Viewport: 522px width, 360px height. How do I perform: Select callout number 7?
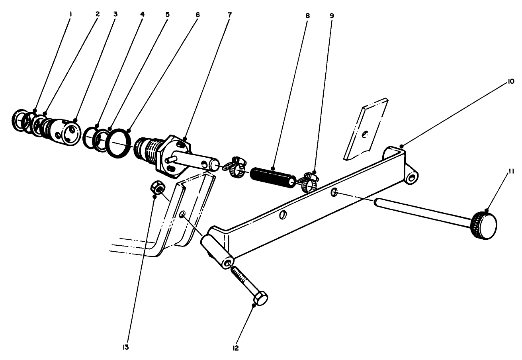(229, 16)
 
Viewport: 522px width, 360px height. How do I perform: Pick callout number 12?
(239, 347)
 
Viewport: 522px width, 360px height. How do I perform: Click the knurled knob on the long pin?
(484, 225)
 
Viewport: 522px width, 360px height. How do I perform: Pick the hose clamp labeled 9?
(310, 181)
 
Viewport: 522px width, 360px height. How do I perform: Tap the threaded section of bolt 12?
(242, 277)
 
